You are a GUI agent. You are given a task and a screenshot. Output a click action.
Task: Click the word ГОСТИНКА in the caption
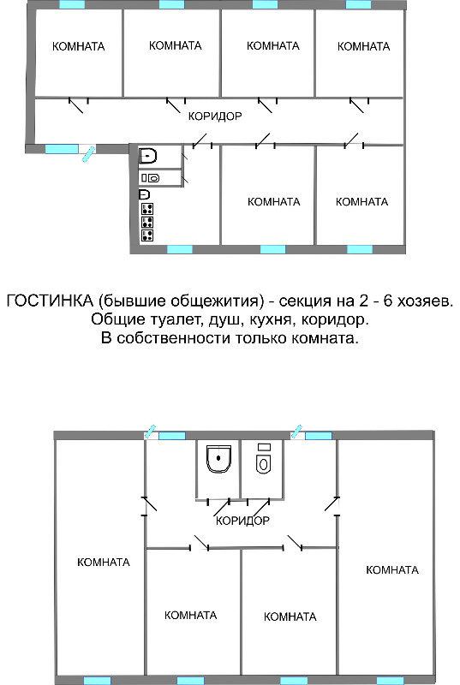coord(51,301)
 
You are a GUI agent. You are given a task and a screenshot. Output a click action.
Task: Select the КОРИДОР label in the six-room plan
coord(215,116)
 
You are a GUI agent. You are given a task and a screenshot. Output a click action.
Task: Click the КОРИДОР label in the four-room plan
coord(243,521)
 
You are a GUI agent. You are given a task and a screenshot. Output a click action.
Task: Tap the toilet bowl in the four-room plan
coord(263,463)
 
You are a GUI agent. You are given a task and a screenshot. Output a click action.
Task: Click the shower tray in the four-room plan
coord(218,459)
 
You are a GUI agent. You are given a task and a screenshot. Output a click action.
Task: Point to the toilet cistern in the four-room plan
coord(264,447)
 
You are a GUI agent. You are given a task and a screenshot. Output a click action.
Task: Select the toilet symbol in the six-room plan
coord(150,178)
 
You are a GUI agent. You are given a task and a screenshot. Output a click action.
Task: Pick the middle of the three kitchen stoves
coord(147,222)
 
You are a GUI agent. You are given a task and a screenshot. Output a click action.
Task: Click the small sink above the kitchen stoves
coord(145,194)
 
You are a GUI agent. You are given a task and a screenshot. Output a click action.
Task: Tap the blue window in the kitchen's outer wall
coord(180,249)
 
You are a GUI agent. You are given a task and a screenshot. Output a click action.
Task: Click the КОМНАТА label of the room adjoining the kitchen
coord(274,202)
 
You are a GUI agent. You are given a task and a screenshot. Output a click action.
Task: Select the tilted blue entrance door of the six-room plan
coord(89,154)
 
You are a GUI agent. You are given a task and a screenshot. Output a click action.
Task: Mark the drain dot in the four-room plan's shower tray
coord(218,457)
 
